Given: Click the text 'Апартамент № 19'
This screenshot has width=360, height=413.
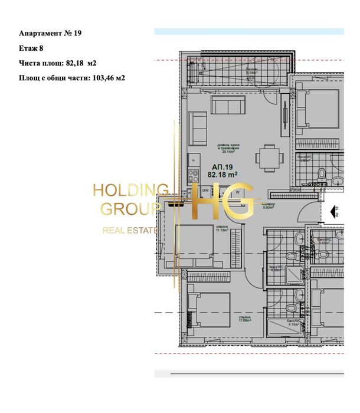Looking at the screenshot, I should click(50, 34).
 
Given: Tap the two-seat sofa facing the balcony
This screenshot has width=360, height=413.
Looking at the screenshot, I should click(228, 106).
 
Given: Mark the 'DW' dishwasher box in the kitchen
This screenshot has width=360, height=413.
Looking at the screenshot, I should click(205, 191).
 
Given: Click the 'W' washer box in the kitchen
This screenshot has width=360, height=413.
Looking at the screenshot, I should click(237, 191).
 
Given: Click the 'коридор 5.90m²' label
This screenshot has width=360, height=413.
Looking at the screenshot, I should click(284, 205).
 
